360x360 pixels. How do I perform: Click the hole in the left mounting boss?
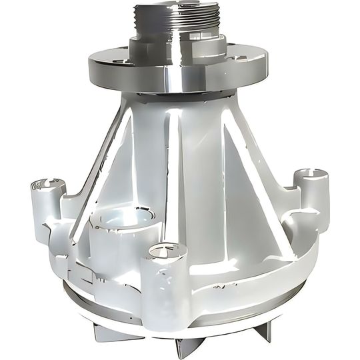(47, 183)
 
